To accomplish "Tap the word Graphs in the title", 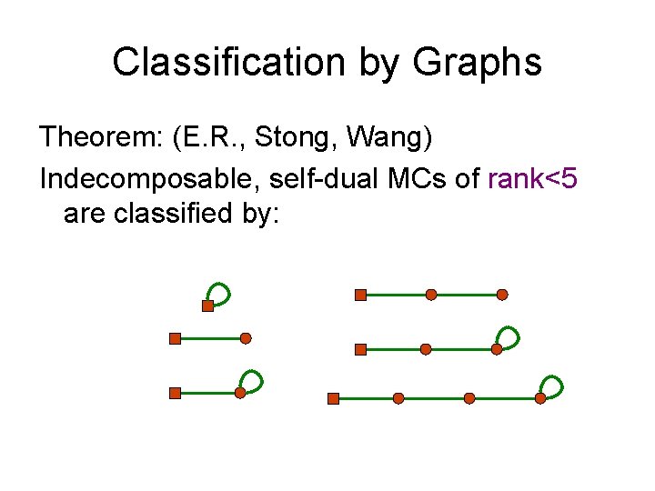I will pyautogui.click(x=477, y=63).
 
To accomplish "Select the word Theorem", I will pyautogui.click(x=96, y=138).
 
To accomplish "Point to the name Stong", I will pyautogui.click(x=287, y=138).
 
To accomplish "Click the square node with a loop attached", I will pyautogui.click(x=207, y=306).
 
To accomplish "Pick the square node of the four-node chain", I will pyautogui.click(x=333, y=398).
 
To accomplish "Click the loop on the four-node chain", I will pyautogui.click(x=550, y=386).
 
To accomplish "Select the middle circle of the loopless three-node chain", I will pyautogui.click(x=431, y=295).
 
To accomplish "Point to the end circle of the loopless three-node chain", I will pyautogui.click(x=502, y=295).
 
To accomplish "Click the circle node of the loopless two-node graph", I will pyautogui.click(x=246, y=338).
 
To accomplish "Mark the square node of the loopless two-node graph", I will pyautogui.click(x=175, y=338).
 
